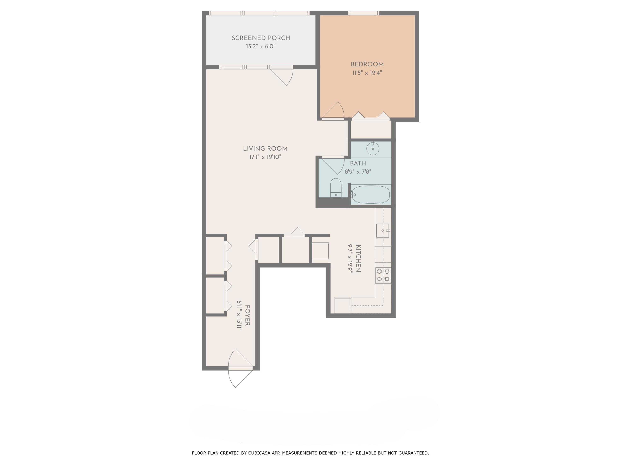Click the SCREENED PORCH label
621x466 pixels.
point(261,38)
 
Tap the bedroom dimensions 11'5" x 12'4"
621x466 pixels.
point(367,73)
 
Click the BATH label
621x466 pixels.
point(358,163)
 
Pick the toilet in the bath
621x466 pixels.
point(336,188)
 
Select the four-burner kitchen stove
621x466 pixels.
point(383,275)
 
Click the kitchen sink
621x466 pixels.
point(382,230)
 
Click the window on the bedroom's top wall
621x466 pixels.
point(363,13)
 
